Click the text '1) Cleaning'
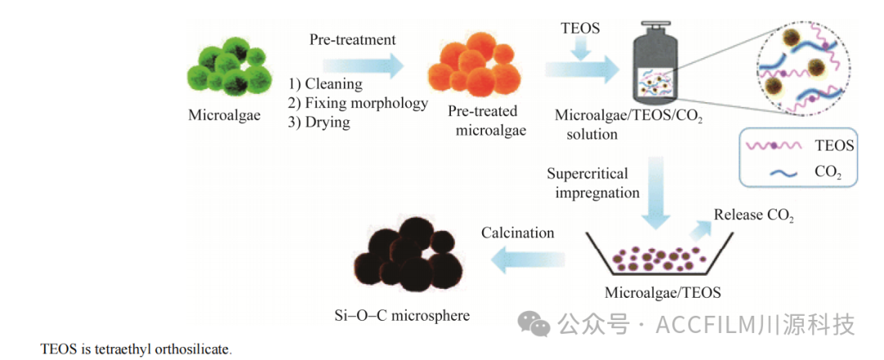(325, 84)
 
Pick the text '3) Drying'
(318, 123)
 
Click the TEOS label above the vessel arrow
(580, 29)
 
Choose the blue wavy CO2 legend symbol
(778, 173)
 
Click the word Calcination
(517, 233)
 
